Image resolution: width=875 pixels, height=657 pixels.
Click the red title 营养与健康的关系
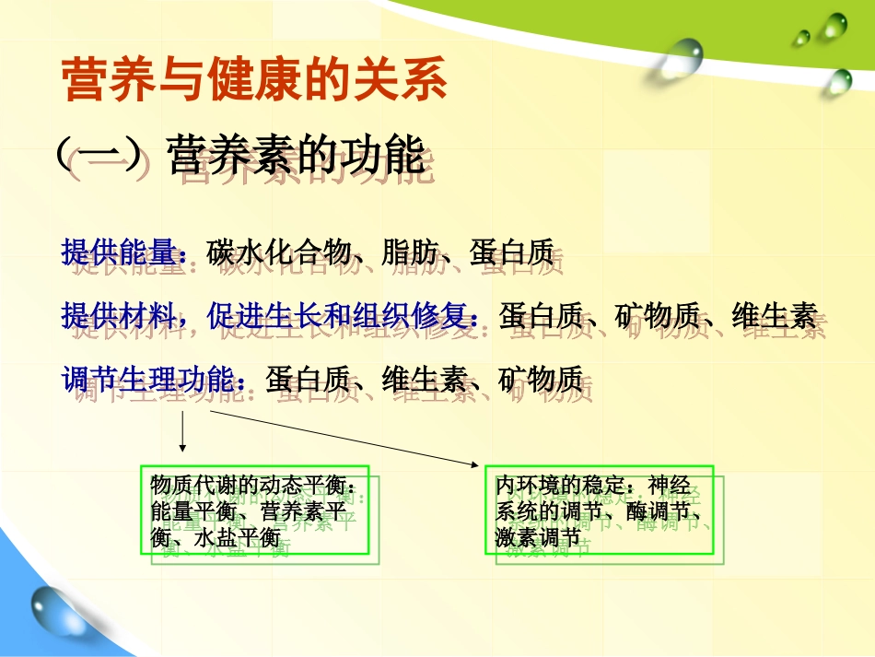(253, 81)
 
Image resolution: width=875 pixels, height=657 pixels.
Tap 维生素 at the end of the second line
(774, 316)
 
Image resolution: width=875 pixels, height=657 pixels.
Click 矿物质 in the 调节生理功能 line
(540, 379)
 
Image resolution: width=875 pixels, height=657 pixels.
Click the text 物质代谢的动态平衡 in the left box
(247, 486)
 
